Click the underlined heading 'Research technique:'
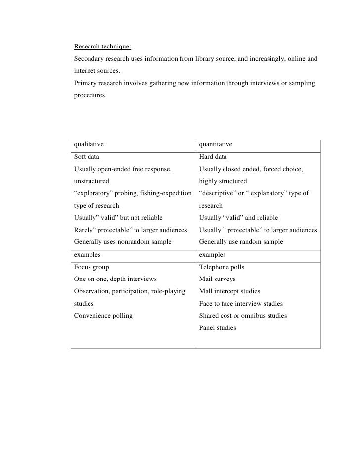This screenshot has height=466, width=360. [102, 47]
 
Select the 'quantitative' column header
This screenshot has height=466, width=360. [216, 144]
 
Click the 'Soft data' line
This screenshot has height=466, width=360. [87, 157]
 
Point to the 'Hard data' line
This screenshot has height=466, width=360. [213, 157]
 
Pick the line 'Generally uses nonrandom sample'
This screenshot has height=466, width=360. [123, 242]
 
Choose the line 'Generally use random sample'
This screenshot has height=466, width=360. [241, 242]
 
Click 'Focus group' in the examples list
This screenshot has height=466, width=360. [91, 267]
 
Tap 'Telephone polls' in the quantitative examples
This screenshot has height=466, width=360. [222, 267]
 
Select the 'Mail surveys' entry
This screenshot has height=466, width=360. [217, 279]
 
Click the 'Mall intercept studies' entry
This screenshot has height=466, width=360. [229, 291]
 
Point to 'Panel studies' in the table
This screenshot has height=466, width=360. [218, 327]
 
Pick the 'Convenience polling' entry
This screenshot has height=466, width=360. [103, 316]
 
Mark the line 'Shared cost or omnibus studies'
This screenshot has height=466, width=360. [243, 316]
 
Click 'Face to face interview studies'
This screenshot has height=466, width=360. [241, 303]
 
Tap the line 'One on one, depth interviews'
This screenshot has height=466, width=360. [115, 279]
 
